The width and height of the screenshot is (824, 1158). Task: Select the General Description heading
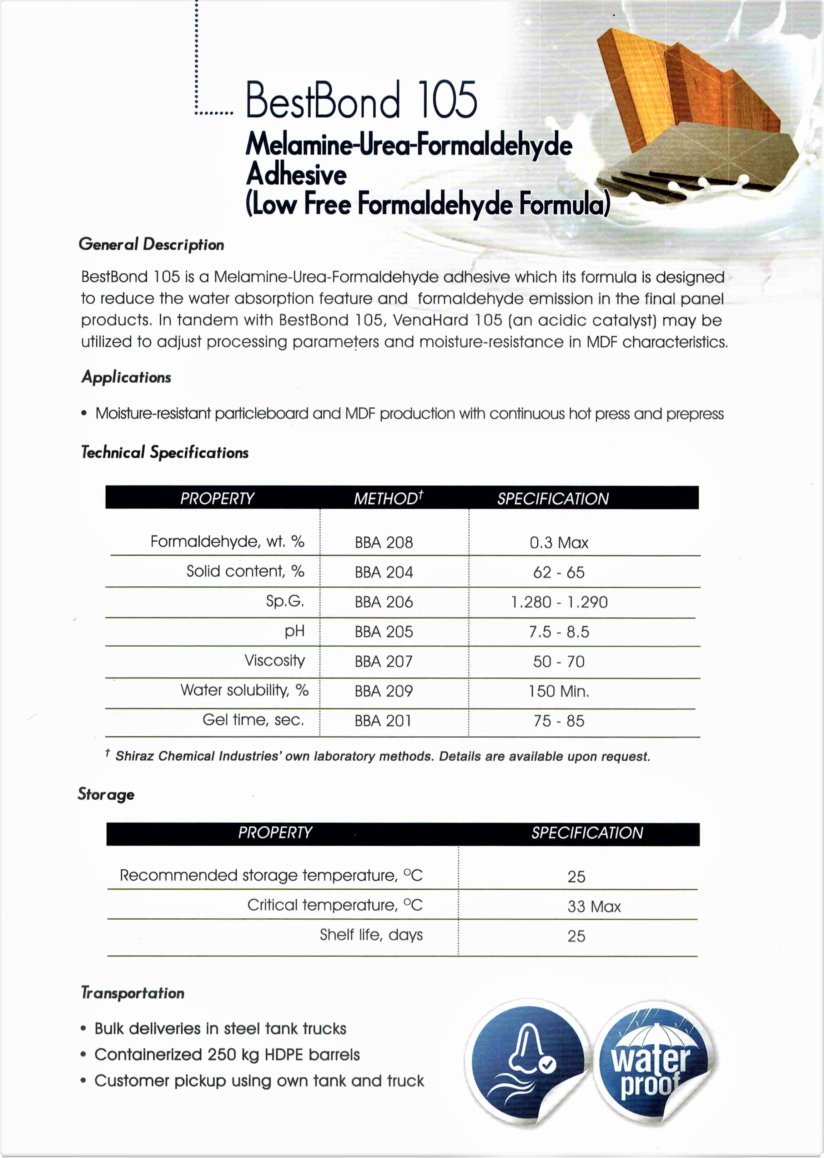point(151,244)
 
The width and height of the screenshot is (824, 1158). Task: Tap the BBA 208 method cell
point(383,542)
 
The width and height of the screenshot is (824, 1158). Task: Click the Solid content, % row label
point(245,571)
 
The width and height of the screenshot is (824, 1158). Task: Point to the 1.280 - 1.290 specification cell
point(559,602)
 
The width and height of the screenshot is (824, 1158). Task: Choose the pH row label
point(294,631)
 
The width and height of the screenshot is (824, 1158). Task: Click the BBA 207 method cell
point(383,661)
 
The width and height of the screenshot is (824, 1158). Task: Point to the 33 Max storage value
point(594,906)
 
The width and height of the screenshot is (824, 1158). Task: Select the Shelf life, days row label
point(371,935)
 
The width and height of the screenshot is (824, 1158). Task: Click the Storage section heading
point(106,794)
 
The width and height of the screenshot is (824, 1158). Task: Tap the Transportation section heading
point(133,993)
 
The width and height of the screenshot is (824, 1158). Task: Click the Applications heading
point(126,377)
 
